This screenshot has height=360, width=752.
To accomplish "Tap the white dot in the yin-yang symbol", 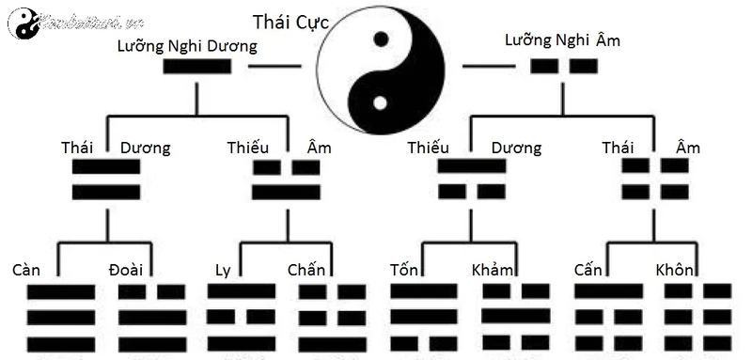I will [380, 102].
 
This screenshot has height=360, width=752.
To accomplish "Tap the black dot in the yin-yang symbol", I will [381, 39].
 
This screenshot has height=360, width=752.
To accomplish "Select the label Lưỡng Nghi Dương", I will [187, 45].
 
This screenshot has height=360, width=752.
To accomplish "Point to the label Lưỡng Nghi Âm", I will [563, 40].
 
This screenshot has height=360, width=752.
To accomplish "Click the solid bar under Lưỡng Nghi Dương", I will [196, 67].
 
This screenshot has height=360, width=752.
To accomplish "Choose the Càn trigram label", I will [26, 270].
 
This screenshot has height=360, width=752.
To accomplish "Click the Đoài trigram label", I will [126, 270].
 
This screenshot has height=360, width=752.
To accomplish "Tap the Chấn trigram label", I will [306, 270].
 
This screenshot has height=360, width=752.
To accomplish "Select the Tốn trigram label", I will [404, 270].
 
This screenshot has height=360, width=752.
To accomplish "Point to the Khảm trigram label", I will [493, 270].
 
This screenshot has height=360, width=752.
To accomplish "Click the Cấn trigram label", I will [588, 270].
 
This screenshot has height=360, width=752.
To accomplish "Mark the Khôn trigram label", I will [675, 270].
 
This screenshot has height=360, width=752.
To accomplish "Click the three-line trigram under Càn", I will [60, 318].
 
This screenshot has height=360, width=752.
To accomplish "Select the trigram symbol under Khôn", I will [697, 316].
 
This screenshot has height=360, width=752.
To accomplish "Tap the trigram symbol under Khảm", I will [516, 316].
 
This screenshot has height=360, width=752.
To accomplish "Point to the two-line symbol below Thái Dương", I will [105, 179].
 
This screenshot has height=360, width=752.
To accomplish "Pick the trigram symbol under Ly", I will [241, 316].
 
